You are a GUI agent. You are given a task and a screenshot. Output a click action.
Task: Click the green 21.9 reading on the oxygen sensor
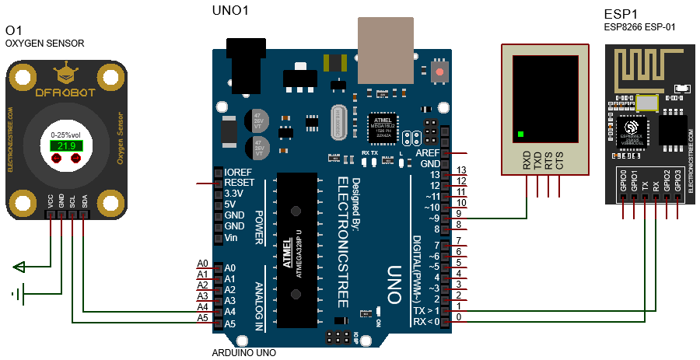pos(65,145)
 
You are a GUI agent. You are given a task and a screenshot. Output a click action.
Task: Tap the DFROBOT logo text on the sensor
pos(65,92)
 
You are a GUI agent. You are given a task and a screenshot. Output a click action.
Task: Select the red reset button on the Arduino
pos(440,72)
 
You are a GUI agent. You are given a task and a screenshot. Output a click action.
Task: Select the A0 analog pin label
pos(203,264)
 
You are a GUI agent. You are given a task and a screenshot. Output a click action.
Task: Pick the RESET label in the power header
pos(240,183)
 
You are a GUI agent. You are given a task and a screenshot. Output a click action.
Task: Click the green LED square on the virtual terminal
pos(520,135)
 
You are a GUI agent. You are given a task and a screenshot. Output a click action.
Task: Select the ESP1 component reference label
pos(620,14)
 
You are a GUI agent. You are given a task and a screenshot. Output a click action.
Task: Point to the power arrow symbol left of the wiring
pos(19,268)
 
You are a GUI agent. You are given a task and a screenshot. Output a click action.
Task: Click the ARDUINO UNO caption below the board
pos(243,353)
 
